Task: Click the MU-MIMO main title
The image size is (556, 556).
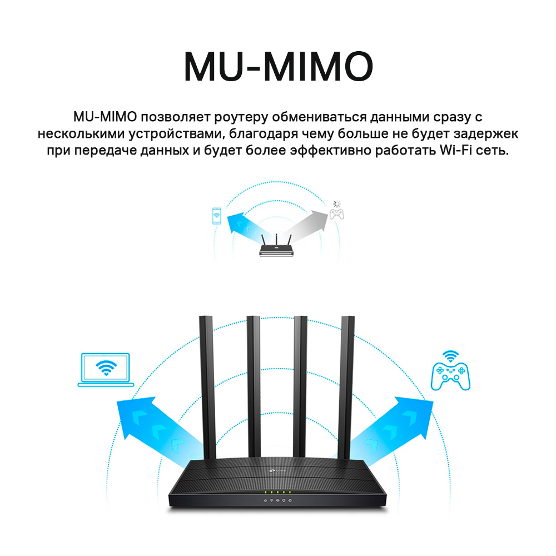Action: [279, 67]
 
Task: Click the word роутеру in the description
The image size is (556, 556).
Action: [241, 117]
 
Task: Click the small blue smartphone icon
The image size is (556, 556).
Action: [216, 216]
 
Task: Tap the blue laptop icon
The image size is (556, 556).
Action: [106, 370]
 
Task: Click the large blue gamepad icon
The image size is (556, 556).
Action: [450, 376]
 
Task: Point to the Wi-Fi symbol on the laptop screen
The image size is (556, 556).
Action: [106, 368]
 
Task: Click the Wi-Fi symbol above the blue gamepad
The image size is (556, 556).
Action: [451, 356]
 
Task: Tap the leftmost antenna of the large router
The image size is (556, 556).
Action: [207, 387]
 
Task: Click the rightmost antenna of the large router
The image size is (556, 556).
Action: [348, 386]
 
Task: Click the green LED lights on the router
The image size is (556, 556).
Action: [277, 492]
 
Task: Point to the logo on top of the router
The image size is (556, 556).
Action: [276, 470]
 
